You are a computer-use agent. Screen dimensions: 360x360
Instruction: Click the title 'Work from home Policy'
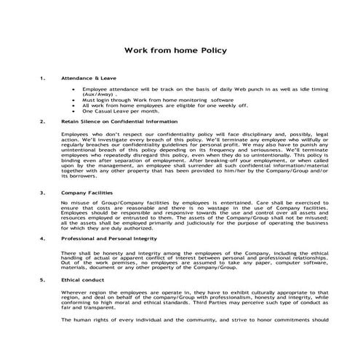click(177, 51)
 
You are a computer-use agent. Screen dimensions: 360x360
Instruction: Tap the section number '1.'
click(43, 76)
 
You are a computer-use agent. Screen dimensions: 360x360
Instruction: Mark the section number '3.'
click(43, 193)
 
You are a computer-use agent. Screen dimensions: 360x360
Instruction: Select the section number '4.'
click(43, 238)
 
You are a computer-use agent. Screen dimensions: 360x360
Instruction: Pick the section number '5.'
click(43, 279)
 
